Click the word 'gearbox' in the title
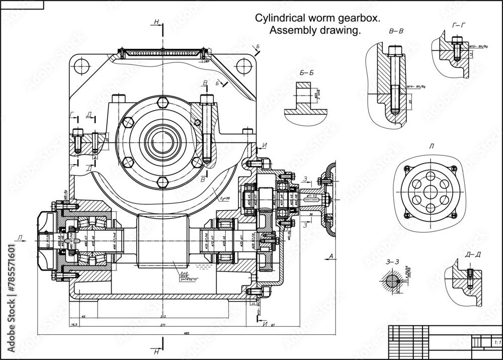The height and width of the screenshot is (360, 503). [x=358, y=19]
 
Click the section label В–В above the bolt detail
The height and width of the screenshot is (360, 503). [x=396, y=31]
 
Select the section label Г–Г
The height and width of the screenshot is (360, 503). [x=459, y=26]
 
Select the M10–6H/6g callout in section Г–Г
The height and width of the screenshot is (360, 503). [x=478, y=47]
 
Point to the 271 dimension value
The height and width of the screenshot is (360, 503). [x=162, y=326]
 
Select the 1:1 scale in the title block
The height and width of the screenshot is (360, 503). [x=497, y=342]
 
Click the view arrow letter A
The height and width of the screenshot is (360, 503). [x=330, y=257]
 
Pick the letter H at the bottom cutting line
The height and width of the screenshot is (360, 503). [x=157, y=350]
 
